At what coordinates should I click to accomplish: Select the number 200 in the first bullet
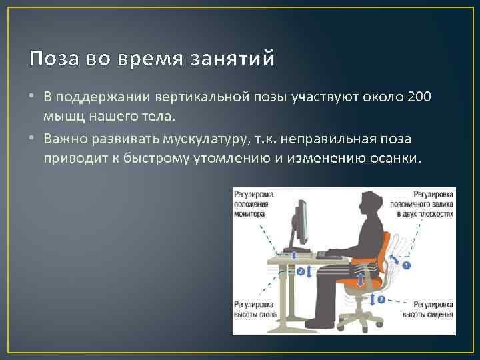419,97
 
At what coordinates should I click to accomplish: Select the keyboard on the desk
330,254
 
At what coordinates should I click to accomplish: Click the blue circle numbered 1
407,265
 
